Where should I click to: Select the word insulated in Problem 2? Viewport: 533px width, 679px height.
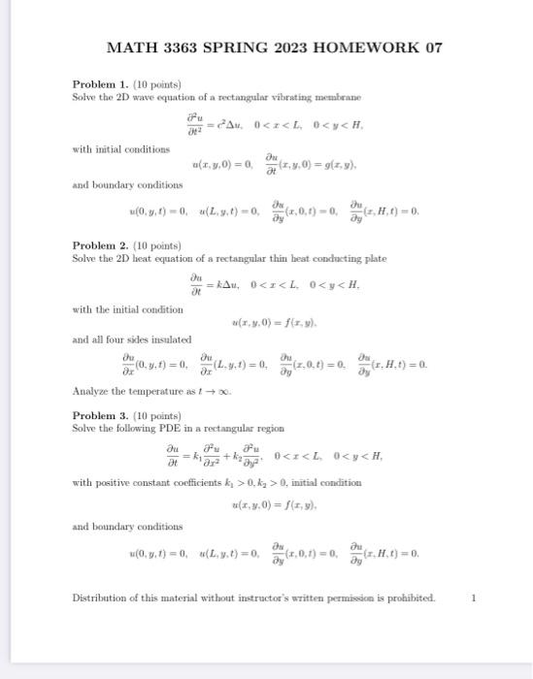tap(171, 340)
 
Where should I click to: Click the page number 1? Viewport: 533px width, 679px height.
tap(473, 598)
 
